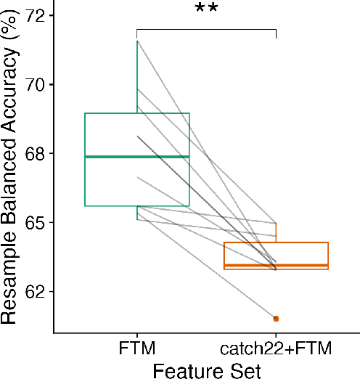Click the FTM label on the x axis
pyautogui.click(x=137, y=349)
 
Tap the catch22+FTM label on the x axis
pyautogui.click(x=276, y=349)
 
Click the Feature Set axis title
pyautogui.click(x=206, y=370)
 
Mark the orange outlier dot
pyautogui.click(x=276, y=319)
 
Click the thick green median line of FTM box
pyautogui.click(x=137, y=157)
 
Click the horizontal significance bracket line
pyautogui.click(x=206, y=30)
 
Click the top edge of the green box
pyautogui.click(x=137, y=113)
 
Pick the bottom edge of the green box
pyautogui.click(x=137, y=206)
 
